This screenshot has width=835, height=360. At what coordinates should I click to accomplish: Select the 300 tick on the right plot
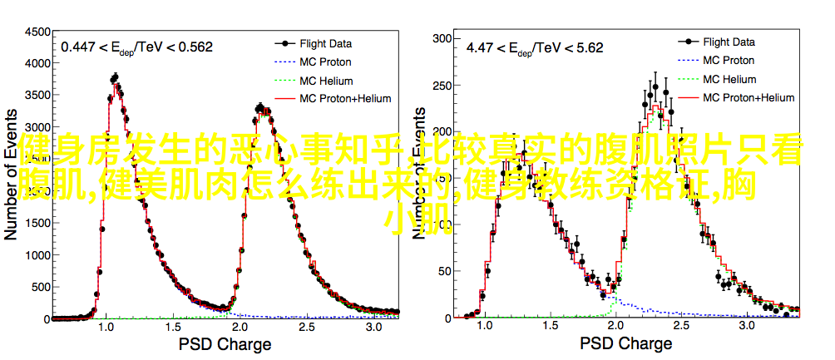pyautogui.click(x=442, y=37)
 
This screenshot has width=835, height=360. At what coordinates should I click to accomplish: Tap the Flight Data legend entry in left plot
pyautogui.click(x=325, y=43)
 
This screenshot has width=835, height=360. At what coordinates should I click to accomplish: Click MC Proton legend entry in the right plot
pyautogui.click(x=728, y=60)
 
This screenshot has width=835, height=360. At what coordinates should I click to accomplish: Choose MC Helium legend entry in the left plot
pyautogui.click(x=326, y=81)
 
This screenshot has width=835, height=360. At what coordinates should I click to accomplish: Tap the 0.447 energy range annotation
pyautogui.click(x=136, y=47)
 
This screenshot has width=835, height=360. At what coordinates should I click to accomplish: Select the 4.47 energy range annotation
pyautogui.click(x=534, y=47)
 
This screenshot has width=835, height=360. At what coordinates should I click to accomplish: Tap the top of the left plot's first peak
pyautogui.click(x=115, y=76)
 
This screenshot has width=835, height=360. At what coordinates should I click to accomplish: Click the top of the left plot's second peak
pyautogui.click(x=259, y=106)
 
